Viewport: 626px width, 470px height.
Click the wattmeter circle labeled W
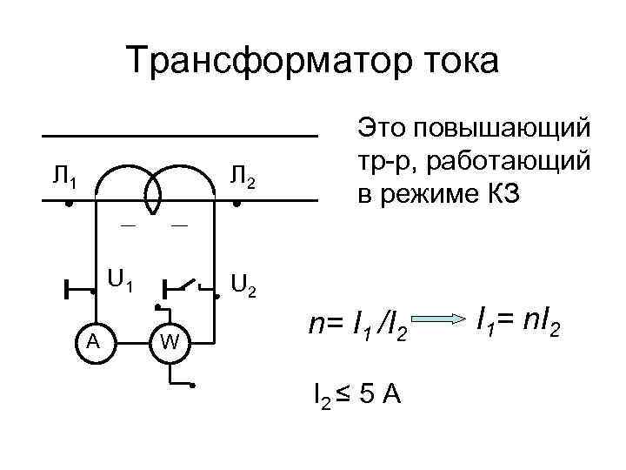(170, 340)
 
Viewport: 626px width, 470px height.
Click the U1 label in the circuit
(119, 280)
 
